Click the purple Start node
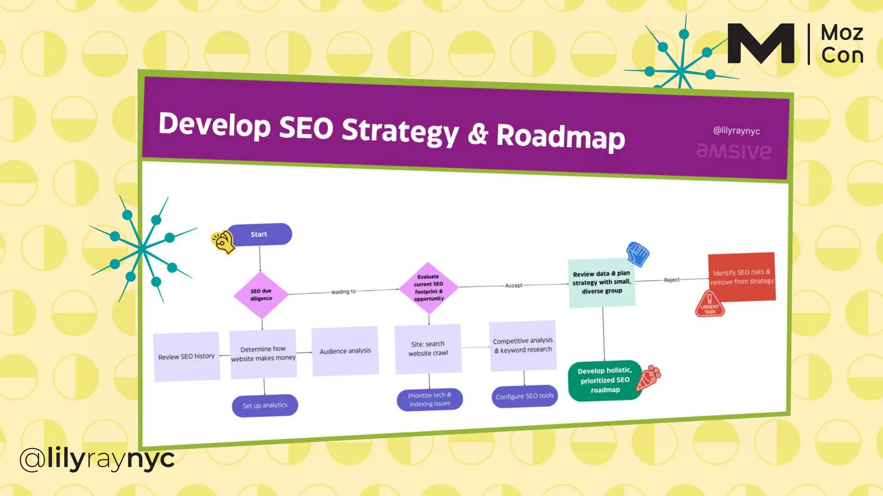260,234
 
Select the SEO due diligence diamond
261,295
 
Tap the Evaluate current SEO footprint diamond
429,288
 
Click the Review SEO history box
186,356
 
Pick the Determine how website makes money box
263,353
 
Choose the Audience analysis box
345,351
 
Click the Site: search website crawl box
428,349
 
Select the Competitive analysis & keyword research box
523,345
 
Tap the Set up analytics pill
265,406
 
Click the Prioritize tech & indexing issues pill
430,400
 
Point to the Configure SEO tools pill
524,396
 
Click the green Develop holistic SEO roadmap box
604,380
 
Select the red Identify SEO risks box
742,277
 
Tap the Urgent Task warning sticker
710,304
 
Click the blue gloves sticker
638,254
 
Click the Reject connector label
672,280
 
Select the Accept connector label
514,285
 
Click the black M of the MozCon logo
761,43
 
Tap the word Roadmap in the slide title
560,136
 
